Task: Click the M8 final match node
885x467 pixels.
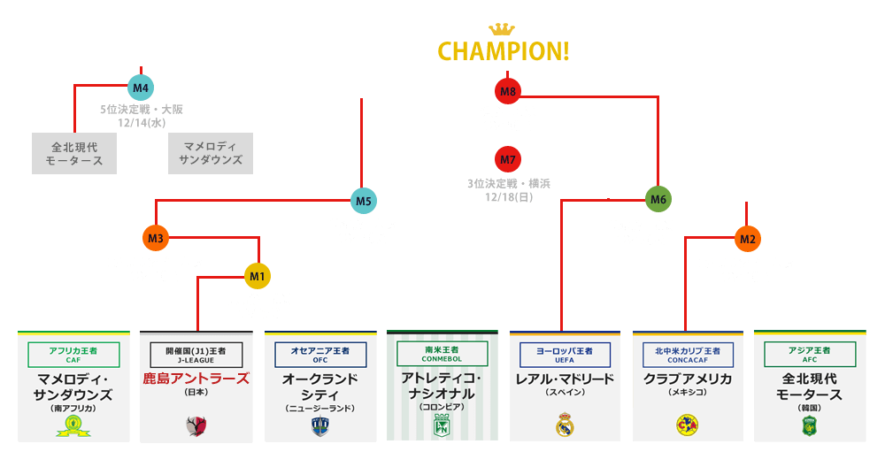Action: point(507,90)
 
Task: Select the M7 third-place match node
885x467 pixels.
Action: point(507,159)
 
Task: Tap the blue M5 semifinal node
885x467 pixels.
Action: point(363,201)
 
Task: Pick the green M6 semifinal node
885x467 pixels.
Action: point(658,200)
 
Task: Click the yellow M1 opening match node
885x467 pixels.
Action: point(258,277)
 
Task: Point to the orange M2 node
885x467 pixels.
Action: point(747,238)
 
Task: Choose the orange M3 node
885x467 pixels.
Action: point(156,238)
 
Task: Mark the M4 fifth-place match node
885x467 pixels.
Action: point(141,87)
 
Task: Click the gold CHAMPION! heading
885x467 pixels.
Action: point(504,50)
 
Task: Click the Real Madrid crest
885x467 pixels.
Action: point(566,426)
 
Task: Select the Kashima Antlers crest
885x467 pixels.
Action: point(196,426)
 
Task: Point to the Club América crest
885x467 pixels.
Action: point(687,424)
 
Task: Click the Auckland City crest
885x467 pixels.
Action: point(319,426)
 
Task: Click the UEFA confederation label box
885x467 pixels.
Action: point(566,355)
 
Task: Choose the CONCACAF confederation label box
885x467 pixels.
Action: point(688,355)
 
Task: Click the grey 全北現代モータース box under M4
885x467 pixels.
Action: point(73,153)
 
